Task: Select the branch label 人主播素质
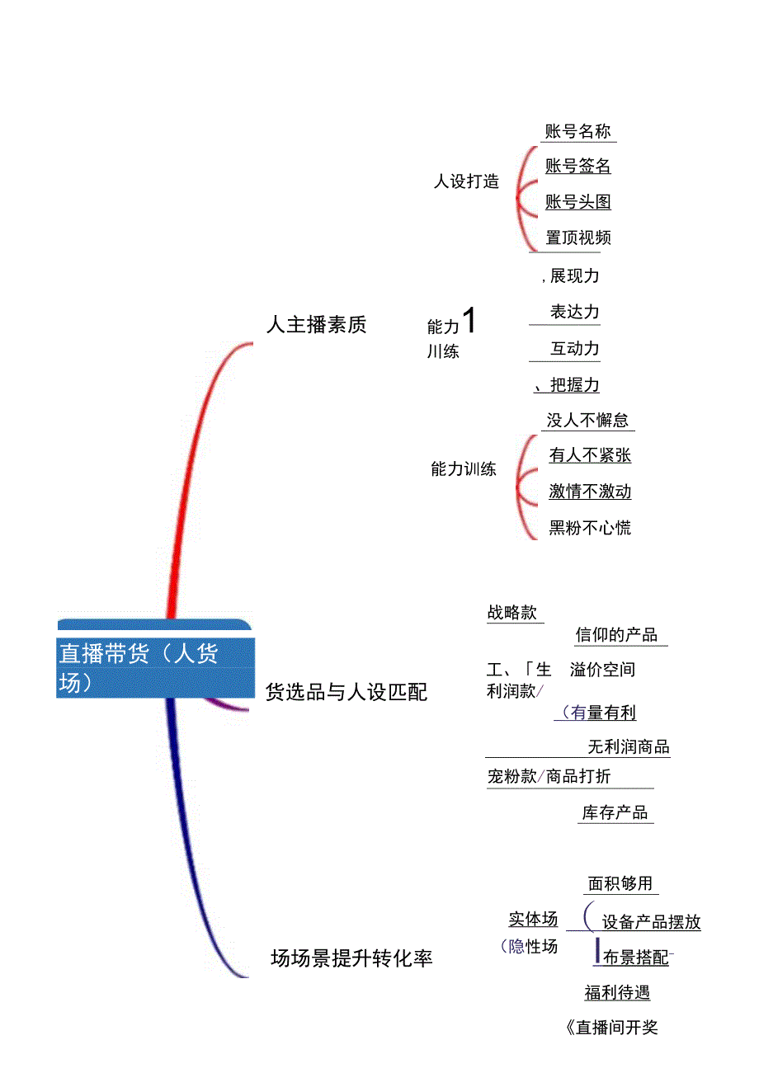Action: tap(316, 325)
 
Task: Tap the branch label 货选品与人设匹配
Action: tap(346, 692)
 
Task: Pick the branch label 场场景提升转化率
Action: tap(351, 958)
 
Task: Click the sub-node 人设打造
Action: tap(466, 181)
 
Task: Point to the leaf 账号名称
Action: tap(577, 132)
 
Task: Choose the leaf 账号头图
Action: tap(577, 202)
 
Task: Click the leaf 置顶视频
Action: tap(578, 238)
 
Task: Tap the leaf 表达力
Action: tap(574, 313)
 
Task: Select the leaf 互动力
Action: tap(574, 349)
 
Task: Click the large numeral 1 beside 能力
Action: tap(469, 321)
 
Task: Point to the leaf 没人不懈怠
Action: tap(587, 421)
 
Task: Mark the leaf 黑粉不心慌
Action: tap(590, 528)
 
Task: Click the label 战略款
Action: tap(511, 613)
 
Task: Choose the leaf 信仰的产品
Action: tap(616, 635)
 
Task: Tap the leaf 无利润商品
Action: tap(628, 747)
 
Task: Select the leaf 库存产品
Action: tap(615, 813)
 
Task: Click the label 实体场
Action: tap(533, 920)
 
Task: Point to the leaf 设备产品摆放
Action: tap(651, 923)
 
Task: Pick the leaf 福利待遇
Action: tap(617, 993)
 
